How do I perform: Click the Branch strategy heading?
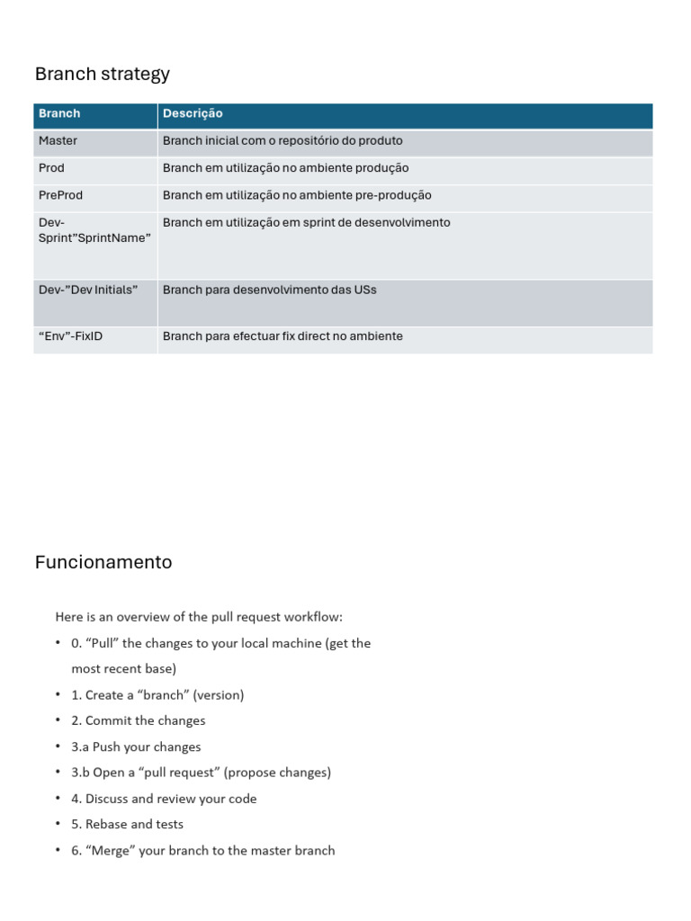[102, 74]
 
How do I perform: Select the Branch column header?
[59, 113]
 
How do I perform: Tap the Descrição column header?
[193, 113]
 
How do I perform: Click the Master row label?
[58, 141]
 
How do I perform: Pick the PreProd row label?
[60, 195]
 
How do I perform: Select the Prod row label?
[51, 168]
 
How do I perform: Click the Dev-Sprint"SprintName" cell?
[94, 230]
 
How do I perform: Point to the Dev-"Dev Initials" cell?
[88, 290]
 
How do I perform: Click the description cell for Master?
[283, 141]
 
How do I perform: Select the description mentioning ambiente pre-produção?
[297, 195]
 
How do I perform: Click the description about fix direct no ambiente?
[283, 336]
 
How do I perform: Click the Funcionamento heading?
[103, 562]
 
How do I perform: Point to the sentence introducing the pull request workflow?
[199, 617]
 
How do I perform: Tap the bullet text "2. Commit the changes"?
[139, 720]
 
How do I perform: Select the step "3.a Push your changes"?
[136, 747]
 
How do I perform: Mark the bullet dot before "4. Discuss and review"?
[58, 798]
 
